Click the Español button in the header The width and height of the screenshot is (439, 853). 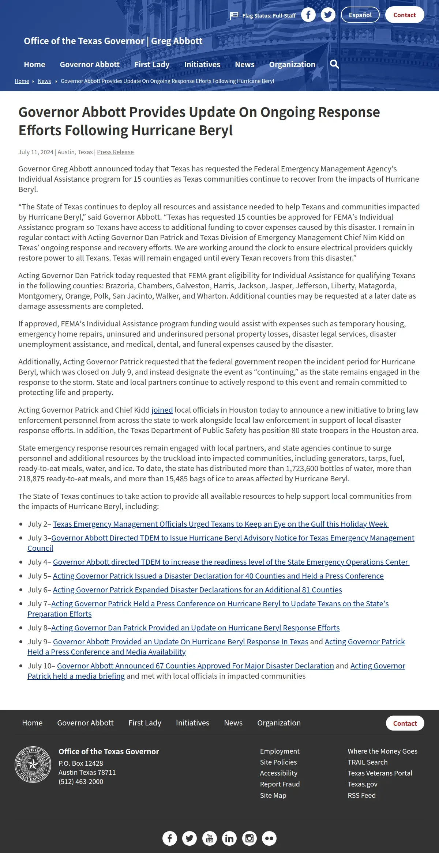[360, 15]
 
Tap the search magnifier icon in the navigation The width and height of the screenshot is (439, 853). [334, 64]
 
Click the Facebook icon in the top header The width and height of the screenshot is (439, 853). [308, 15]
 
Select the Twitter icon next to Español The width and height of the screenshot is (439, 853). [328, 15]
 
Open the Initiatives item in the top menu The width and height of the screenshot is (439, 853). [202, 64]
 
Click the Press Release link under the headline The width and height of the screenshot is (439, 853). [115, 152]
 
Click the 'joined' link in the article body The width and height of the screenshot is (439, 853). [162, 410]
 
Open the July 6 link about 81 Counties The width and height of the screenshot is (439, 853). [197, 590]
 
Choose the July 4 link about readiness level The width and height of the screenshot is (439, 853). [231, 562]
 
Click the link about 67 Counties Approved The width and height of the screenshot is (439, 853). [195, 666]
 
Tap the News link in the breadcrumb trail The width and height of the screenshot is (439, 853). [44, 81]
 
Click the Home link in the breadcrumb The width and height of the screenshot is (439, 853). [22, 81]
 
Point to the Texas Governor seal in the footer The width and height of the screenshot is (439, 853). [33, 765]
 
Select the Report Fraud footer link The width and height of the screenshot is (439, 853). [280, 784]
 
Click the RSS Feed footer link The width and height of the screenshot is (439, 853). [361, 795]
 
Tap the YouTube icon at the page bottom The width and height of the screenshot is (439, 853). [210, 838]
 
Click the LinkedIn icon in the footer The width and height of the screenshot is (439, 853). [229, 838]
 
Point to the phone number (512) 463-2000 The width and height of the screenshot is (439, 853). [81, 782]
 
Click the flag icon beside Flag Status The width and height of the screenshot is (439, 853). [234, 15]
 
